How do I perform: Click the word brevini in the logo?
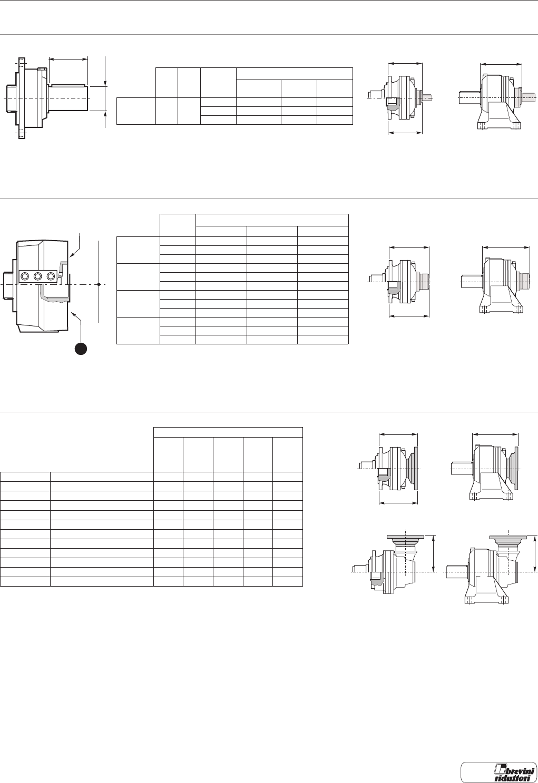(507, 767)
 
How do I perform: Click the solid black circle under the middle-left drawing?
(81, 348)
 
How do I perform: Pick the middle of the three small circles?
(37, 276)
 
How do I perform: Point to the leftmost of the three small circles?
(24, 276)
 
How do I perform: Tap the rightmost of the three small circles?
(51, 276)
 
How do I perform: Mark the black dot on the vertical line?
(99, 284)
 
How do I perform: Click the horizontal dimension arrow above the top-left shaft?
(68, 59)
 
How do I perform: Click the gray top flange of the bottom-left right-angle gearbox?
(405, 538)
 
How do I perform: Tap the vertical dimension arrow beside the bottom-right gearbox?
(535, 553)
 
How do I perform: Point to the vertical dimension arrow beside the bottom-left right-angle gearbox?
(434, 553)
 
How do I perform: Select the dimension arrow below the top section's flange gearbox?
(405, 133)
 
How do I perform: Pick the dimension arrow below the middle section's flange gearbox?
(409, 316)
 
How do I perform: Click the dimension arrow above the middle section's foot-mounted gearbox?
(505, 246)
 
